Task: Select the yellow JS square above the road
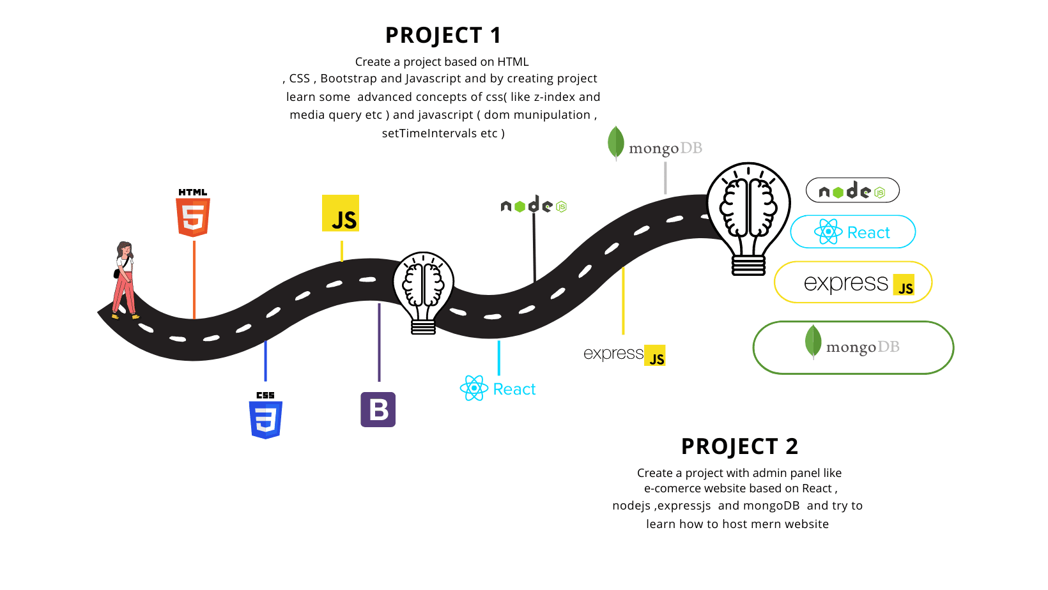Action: [x=341, y=213]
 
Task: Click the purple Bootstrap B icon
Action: [x=378, y=409]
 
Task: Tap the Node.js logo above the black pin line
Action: [x=534, y=205]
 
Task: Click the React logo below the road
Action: [x=498, y=388]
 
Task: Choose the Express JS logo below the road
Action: [x=624, y=354]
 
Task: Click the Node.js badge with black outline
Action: [x=852, y=190]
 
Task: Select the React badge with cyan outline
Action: [x=852, y=232]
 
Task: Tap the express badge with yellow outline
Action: [x=852, y=282]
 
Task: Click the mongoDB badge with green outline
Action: [x=853, y=347]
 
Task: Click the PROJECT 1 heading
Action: [x=443, y=35]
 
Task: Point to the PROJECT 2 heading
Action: [x=739, y=446]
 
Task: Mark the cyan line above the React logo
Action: [x=499, y=358]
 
